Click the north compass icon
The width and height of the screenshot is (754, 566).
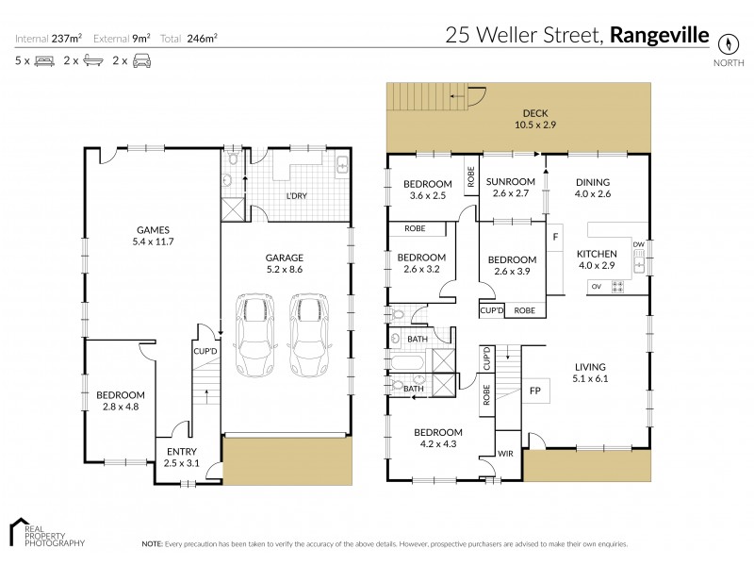click(727, 43)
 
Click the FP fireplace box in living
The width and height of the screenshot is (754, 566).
click(535, 390)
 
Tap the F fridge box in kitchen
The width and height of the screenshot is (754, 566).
click(555, 236)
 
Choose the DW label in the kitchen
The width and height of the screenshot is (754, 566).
click(638, 245)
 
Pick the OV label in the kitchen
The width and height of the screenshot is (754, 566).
click(596, 285)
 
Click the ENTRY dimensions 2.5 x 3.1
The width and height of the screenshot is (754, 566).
click(182, 463)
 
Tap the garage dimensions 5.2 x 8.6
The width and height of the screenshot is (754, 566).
click(283, 270)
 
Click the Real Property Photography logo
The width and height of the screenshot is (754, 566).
click(47, 532)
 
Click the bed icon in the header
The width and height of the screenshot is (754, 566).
click(43, 60)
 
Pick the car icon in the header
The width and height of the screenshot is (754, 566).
click(140, 60)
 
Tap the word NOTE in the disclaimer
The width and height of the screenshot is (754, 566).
click(152, 544)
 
